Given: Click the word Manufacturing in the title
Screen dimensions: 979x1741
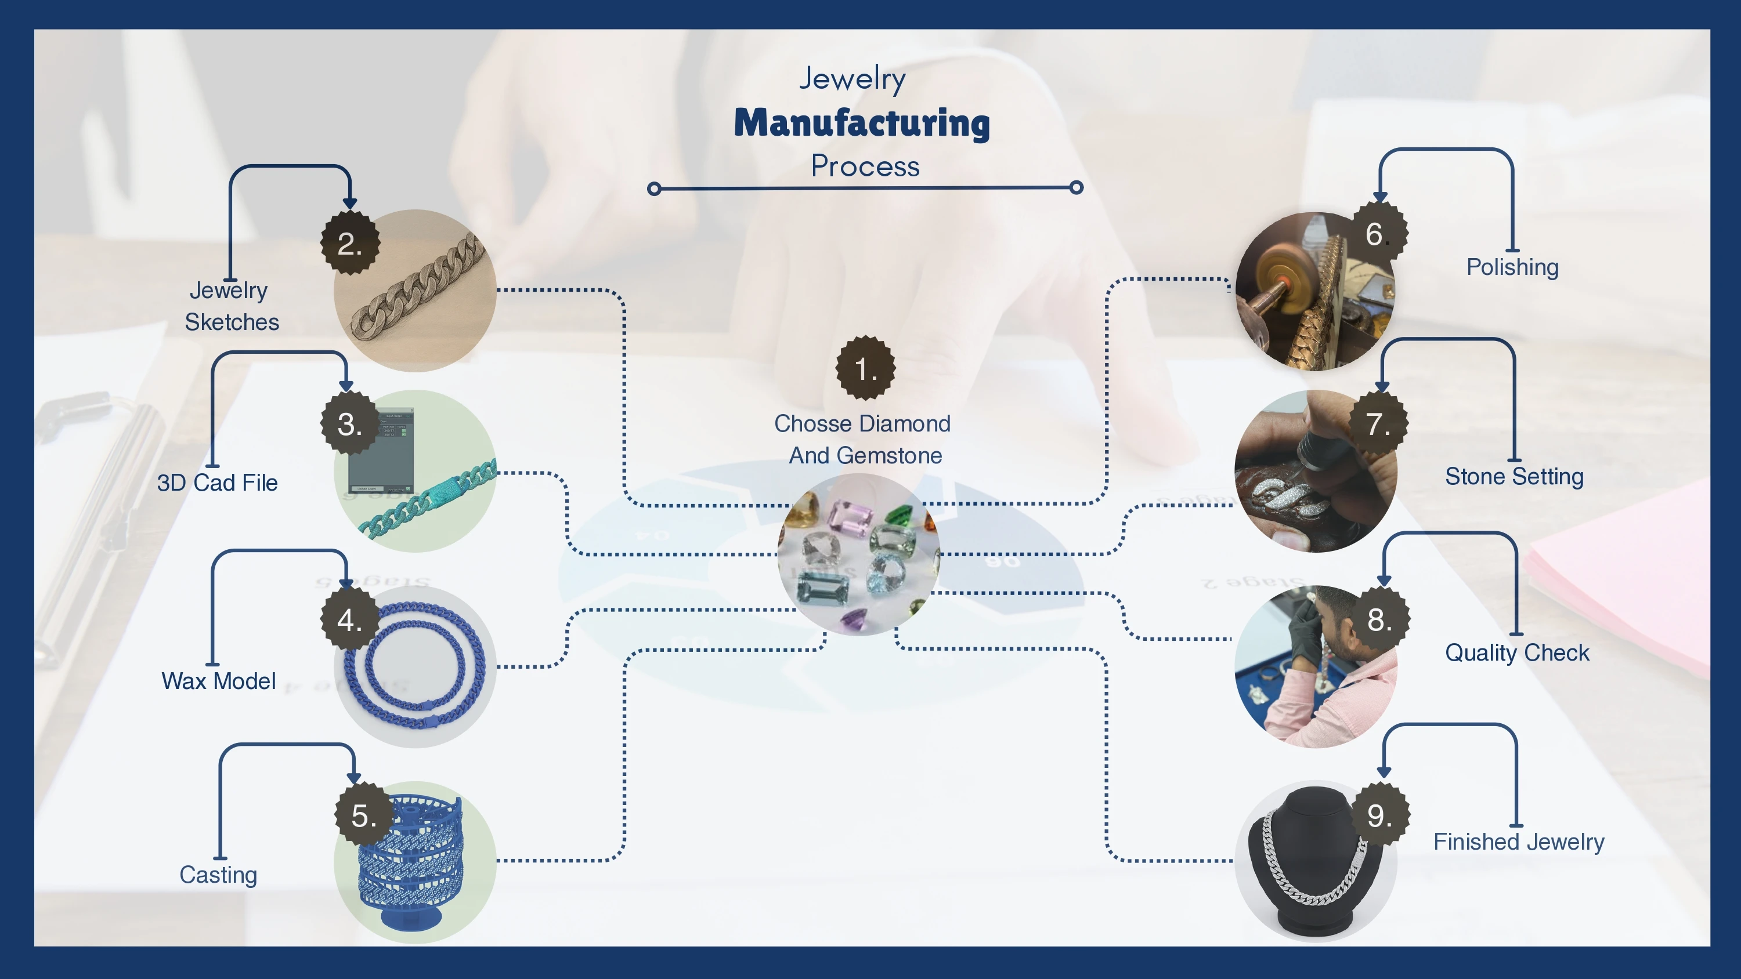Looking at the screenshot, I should (x=862, y=124).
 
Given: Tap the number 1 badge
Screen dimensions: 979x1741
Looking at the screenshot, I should (x=865, y=368).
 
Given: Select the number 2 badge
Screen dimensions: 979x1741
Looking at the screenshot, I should (x=349, y=243).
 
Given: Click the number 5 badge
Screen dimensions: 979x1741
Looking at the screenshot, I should (x=364, y=815).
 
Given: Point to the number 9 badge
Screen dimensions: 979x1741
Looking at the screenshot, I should (x=1379, y=815).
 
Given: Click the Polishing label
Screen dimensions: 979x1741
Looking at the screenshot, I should (x=1512, y=267).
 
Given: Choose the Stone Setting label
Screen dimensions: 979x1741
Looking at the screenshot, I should (x=1514, y=476).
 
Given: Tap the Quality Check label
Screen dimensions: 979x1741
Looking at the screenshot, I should (x=1516, y=652).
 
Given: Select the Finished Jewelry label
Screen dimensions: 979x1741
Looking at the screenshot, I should (x=1519, y=842).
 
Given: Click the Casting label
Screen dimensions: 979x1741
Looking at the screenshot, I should (x=218, y=875).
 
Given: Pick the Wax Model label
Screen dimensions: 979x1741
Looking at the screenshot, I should (x=218, y=681).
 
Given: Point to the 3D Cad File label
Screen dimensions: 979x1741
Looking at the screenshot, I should (x=217, y=483).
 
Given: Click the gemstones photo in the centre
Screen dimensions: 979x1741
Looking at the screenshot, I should (x=858, y=554).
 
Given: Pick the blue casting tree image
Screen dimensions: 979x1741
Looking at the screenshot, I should (x=412, y=865).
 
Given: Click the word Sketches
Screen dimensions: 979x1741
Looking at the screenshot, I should (x=232, y=322).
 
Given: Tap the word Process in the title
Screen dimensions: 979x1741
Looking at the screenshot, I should (x=865, y=166).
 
